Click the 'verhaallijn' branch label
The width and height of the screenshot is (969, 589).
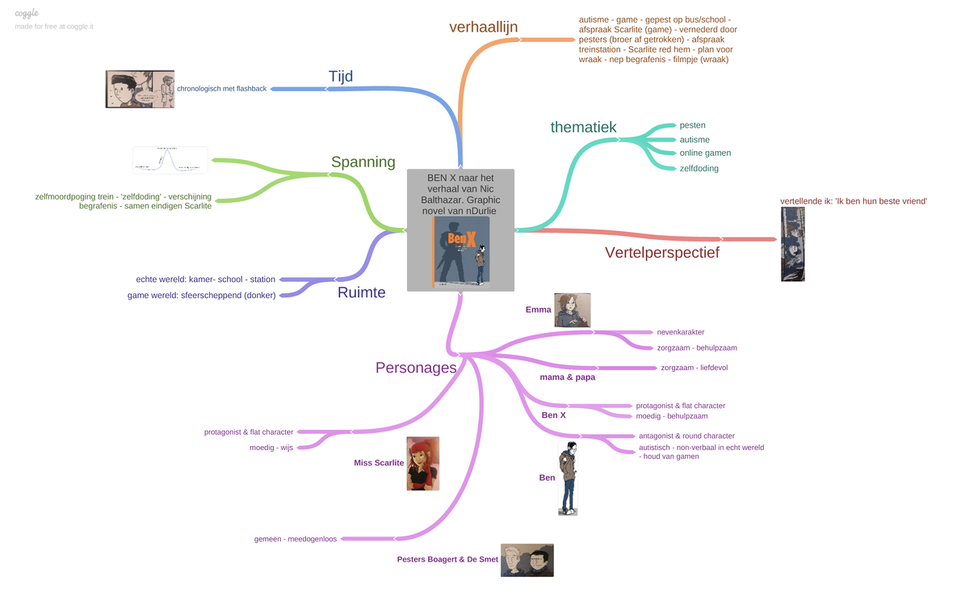pos(483,27)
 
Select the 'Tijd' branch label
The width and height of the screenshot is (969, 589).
pos(341,77)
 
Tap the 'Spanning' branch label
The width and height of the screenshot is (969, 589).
pos(363,162)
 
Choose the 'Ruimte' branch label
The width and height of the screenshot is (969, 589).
pos(361,292)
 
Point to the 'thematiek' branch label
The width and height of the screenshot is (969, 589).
pos(583,127)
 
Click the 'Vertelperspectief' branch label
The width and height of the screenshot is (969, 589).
pos(661,253)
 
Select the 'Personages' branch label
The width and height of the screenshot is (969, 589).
pos(416,368)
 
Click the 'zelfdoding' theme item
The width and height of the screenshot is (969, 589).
pos(698,168)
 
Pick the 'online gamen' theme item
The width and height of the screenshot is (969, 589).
pos(705,153)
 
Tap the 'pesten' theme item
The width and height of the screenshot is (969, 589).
pos(692,125)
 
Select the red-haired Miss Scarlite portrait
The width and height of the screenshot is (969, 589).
pos(422,464)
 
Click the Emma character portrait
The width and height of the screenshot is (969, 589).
pos(572,310)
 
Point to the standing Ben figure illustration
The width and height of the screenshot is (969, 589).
pos(568,478)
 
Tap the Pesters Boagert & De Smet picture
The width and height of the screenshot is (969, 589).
pos(526,560)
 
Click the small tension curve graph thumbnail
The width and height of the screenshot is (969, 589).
pos(170,160)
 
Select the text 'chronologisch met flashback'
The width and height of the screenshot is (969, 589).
pos(221,89)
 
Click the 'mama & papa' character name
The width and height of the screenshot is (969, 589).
pos(567,377)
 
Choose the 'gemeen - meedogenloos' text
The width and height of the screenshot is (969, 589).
pos(295,539)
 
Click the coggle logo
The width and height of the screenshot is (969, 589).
pos(27,13)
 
